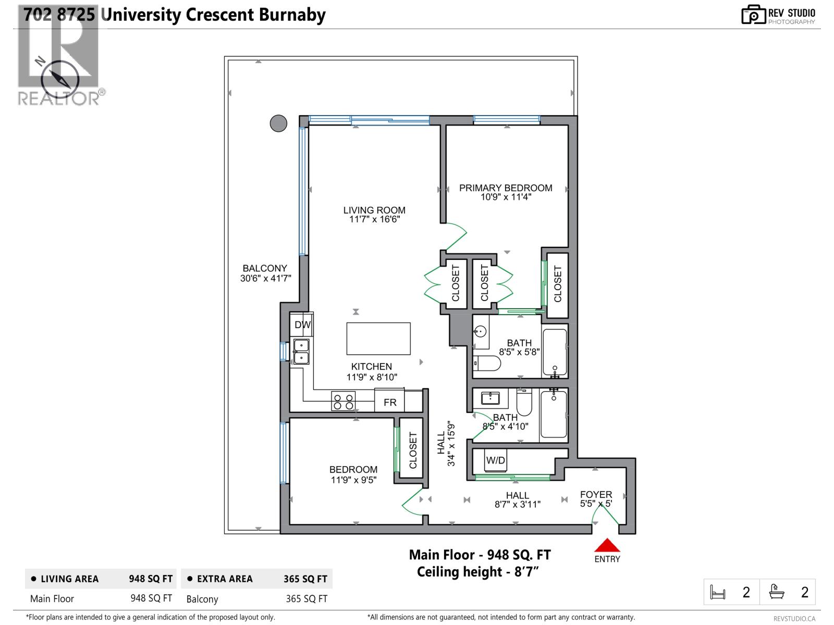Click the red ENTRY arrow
coord(607,545)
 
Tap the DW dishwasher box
coord(302,324)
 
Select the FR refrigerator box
coord(390,402)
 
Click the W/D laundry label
coord(495,460)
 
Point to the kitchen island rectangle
coord(378,338)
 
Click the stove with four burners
coord(344,401)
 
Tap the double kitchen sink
coord(301,352)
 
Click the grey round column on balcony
coord(278,123)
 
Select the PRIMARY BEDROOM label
coord(506,188)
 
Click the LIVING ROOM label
coord(374,210)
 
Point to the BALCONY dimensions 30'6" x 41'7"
coord(265,279)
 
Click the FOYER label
coord(596,494)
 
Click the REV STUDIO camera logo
coord(753,15)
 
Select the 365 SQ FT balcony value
coord(306,599)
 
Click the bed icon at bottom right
coord(718,592)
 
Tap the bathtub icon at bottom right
coord(777,592)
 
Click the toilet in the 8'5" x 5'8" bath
coord(487,362)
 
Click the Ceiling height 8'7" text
coord(477,572)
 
